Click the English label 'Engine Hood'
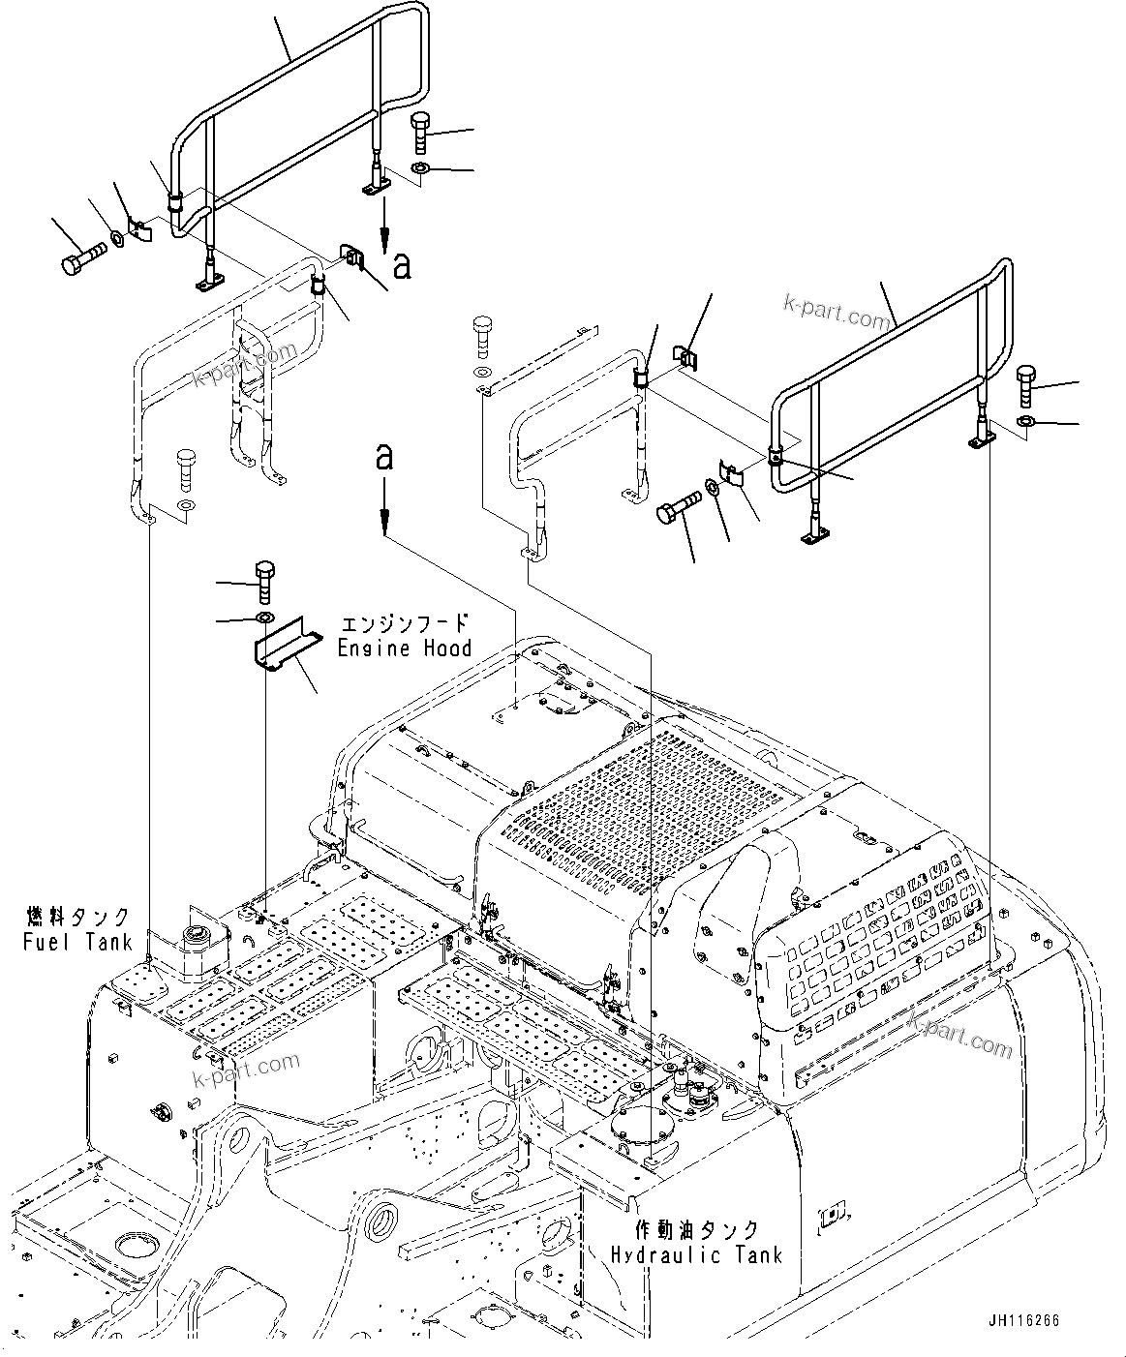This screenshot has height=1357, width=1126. point(405,648)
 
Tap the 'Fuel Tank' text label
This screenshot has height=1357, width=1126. point(76,940)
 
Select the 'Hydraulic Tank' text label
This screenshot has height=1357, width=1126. point(695,1255)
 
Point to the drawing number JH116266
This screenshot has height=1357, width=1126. point(1024,1320)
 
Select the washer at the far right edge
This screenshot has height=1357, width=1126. point(1028,421)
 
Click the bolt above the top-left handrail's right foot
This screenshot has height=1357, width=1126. point(423,133)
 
